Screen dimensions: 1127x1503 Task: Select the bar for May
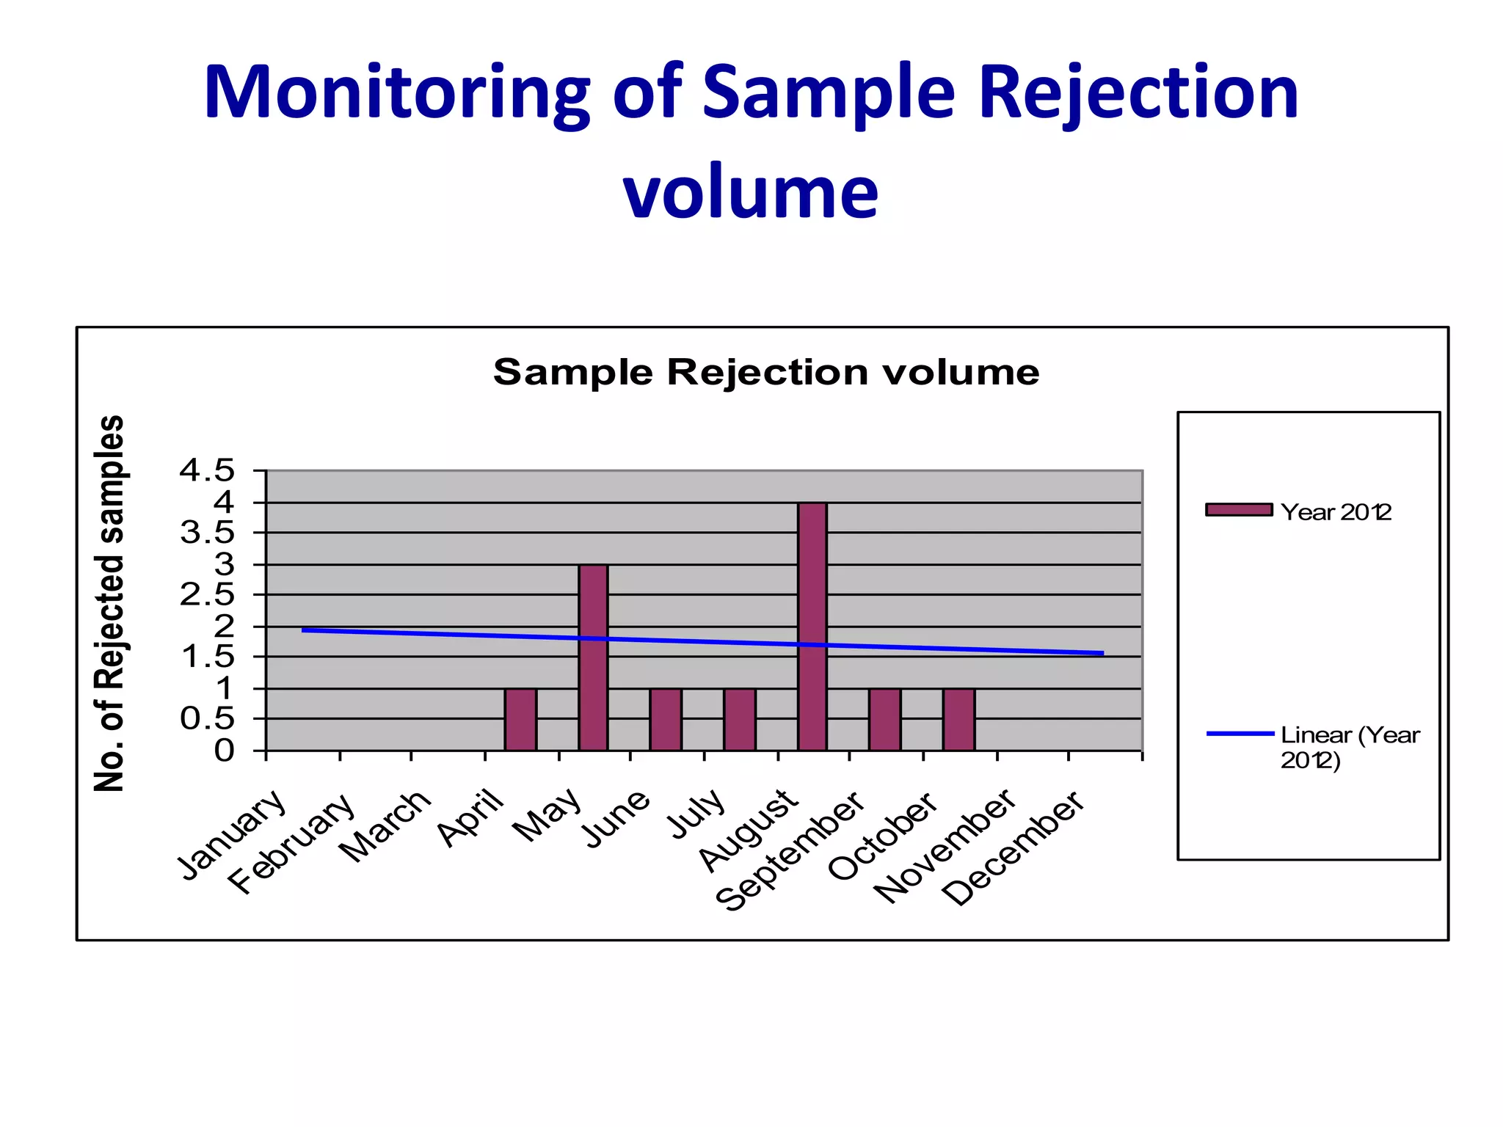coord(593,657)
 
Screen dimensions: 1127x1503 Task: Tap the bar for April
coord(520,719)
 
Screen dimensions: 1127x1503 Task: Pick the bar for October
coord(958,719)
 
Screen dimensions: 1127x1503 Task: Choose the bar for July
coord(740,719)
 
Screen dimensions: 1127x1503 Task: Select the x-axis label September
coord(790,851)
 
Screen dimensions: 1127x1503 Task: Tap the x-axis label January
coord(232,834)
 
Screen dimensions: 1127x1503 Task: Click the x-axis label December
coord(1013,848)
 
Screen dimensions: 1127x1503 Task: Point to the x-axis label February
coord(292,844)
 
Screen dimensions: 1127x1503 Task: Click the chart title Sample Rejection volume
coord(765,372)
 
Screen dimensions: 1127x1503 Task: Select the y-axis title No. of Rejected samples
coord(110,603)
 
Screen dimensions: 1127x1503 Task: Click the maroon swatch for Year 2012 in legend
coord(1239,510)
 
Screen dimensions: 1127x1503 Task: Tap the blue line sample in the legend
coord(1240,733)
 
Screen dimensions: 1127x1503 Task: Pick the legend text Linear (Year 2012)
coord(1349,746)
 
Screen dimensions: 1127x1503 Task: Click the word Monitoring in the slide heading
coord(396,93)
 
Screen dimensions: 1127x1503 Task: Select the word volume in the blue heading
coord(750,192)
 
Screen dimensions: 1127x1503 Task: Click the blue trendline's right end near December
coord(1101,652)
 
